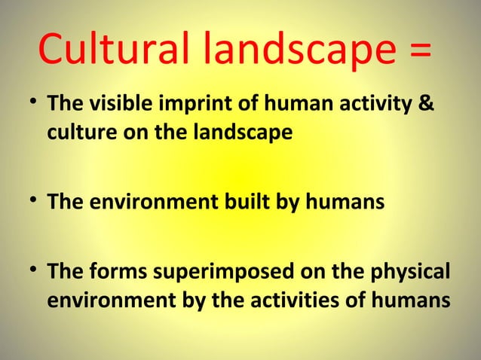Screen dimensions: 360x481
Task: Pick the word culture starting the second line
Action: point(75,133)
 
